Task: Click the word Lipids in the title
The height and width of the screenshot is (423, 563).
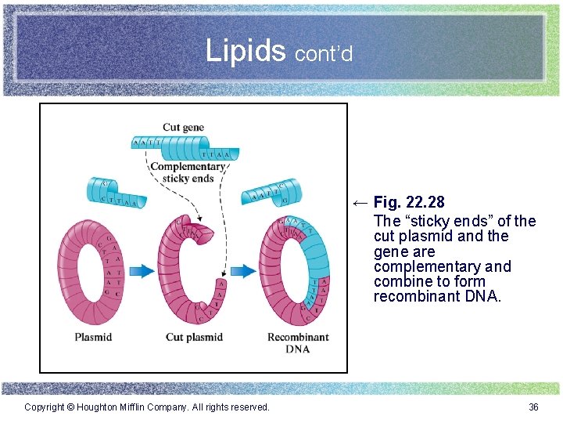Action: (x=246, y=51)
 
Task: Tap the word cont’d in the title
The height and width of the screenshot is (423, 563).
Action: (x=324, y=54)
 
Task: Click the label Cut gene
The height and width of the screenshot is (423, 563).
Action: (x=184, y=127)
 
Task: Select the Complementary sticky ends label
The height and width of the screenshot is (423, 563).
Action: (x=188, y=172)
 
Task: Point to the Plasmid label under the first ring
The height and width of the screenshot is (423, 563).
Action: (x=93, y=337)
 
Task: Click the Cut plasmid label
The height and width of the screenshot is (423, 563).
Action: (x=194, y=337)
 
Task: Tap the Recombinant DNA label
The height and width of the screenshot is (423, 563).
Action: (x=298, y=342)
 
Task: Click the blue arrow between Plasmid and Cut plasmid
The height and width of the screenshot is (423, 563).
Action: (x=142, y=271)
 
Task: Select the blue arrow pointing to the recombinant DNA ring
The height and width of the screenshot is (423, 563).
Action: (x=244, y=271)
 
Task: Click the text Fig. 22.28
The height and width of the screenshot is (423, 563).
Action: (x=409, y=204)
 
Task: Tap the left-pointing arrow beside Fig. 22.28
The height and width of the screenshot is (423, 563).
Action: (x=359, y=204)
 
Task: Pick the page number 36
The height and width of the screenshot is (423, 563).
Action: (x=533, y=407)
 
